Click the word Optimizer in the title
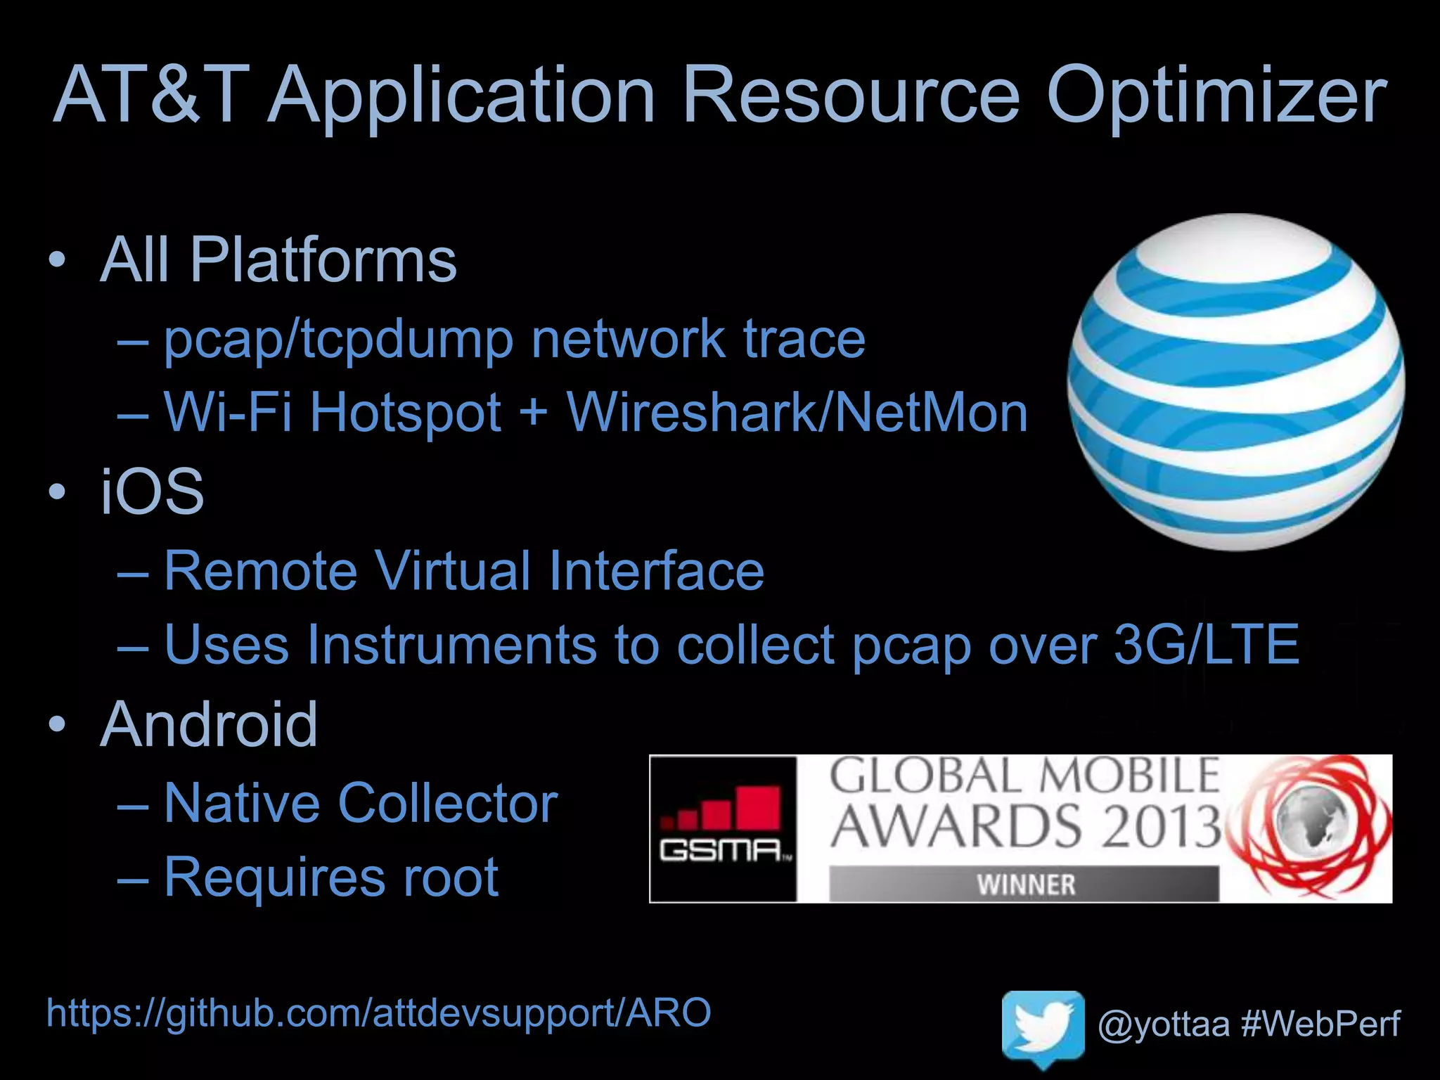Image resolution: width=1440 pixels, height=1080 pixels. point(1216,95)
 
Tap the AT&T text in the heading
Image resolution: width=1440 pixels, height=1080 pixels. point(151,95)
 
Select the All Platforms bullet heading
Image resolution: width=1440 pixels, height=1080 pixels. point(278,260)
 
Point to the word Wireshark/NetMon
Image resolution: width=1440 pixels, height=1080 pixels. point(797,412)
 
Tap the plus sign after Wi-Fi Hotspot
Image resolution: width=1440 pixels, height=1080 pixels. point(534,412)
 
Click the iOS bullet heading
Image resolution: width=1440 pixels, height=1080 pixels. point(152,491)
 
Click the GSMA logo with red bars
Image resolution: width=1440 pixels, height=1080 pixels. point(723,828)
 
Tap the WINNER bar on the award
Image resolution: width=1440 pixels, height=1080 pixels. point(1024,884)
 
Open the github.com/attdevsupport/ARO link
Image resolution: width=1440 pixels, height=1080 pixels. point(378,1013)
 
